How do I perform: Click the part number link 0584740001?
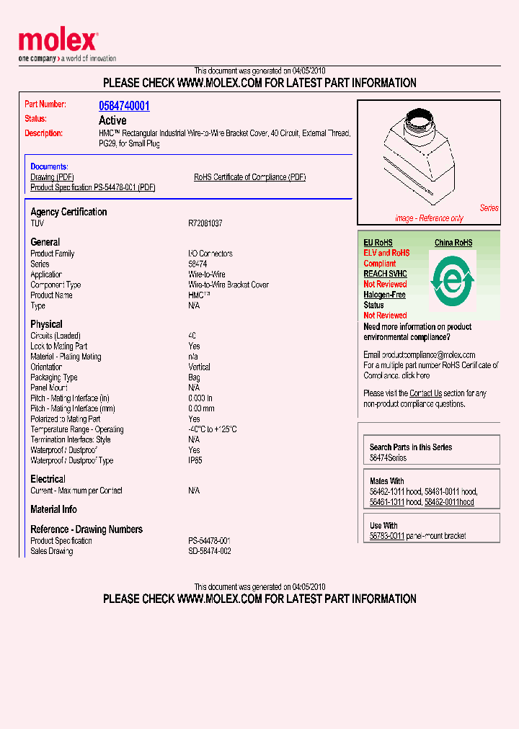[x=124, y=106]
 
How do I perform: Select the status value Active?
[x=112, y=120]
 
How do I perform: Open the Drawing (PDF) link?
[x=52, y=177]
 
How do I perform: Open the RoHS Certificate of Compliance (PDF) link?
[x=249, y=177]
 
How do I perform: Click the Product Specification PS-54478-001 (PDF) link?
[x=93, y=187]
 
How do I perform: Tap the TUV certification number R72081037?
[x=205, y=224]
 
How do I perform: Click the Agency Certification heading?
[x=68, y=212]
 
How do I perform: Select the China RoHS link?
[x=453, y=243]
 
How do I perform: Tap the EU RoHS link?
[x=378, y=243]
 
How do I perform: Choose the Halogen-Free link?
[x=384, y=295]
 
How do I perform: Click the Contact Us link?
[x=425, y=393]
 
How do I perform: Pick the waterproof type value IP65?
[x=195, y=460]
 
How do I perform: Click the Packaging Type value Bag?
[x=195, y=377]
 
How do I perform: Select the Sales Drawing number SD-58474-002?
[x=210, y=551]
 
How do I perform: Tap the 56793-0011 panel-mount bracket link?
[x=387, y=536]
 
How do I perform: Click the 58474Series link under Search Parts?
[x=388, y=458]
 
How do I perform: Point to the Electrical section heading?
[x=48, y=479]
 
